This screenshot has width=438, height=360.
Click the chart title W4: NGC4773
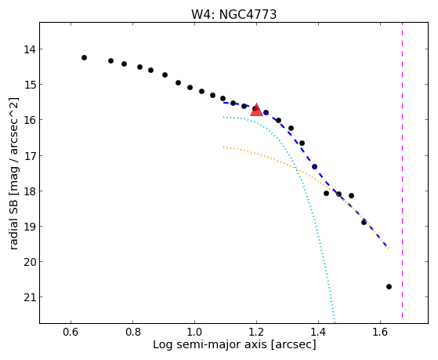click(x=233, y=14)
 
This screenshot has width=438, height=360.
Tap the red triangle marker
click(x=256, y=110)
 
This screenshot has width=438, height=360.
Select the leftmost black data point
click(x=84, y=57)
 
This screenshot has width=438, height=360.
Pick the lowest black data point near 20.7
click(x=389, y=286)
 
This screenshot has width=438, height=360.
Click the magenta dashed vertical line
click(x=402, y=170)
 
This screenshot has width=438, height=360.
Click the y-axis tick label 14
click(x=30, y=49)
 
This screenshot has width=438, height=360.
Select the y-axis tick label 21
click(x=30, y=297)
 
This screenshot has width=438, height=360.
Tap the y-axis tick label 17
click(x=30, y=156)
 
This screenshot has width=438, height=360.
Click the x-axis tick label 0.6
click(x=71, y=333)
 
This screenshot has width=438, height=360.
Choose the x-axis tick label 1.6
click(x=380, y=333)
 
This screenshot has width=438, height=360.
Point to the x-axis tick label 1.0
click(x=194, y=333)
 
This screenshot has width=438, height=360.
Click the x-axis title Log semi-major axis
click(x=209, y=344)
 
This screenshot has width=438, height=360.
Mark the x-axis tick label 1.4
click(x=318, y=333)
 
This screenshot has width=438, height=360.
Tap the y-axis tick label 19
click(x=30, y=227)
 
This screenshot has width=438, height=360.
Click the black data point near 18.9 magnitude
click(x=364, y=222)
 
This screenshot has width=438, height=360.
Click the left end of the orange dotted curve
click(x=223, y=147)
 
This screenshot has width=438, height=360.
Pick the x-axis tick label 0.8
click(x=132, y=333)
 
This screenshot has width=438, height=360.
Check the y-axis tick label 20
click(x=30, y=262)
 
